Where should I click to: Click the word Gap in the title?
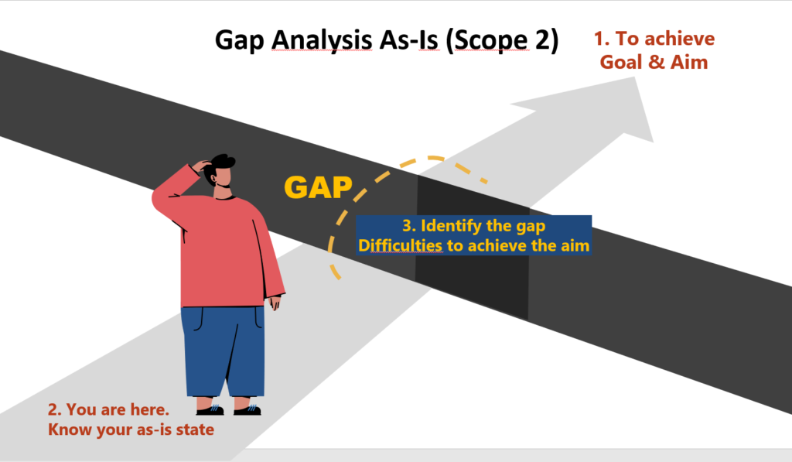(240, 40)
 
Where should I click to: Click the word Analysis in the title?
(323, 40)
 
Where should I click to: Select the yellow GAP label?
(318, 187)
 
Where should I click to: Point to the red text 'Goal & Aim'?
(654, 62)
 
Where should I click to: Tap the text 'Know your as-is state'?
(131, 429)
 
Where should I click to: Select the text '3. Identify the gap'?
(474, 225)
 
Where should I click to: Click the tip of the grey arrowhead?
(635, 77)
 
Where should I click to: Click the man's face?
(223, 178)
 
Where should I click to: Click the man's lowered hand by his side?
(275, 303)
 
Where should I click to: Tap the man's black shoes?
(229, 409)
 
